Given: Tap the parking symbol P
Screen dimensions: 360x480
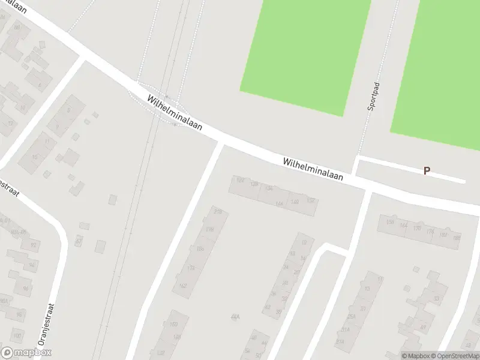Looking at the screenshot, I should click(x=427, y=170).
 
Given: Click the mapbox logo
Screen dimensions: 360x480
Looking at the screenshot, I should click(x=26, y=353).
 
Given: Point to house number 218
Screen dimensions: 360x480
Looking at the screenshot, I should click(x=217, y=212).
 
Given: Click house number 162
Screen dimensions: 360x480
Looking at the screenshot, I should click(x=183, y=286).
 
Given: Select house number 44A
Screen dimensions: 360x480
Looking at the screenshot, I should click(x=235, y=316).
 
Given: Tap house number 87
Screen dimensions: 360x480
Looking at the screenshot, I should click(x=79, y=241).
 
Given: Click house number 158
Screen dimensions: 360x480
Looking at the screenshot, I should click(x=390, y=223).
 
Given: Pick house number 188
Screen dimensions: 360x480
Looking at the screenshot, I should click(x=457, y=238).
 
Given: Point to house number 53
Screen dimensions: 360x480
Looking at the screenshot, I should click(x=436, y=298).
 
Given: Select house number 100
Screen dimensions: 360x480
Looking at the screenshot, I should click(x=17, y=334).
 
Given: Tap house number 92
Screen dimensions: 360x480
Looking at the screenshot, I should click(x=34, y=245).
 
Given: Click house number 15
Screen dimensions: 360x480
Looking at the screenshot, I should click(x=35, y=157).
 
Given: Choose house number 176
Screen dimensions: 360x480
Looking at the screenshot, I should click(x=430, y=231).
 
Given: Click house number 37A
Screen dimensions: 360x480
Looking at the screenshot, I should click(x=340, y=341).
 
